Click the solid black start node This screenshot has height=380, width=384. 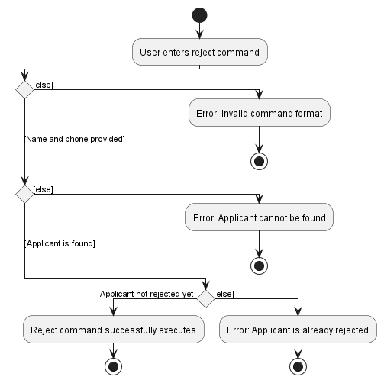[199, 15]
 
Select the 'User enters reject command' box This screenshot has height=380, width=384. [199, 53]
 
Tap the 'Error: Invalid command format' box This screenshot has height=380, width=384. [260, 114]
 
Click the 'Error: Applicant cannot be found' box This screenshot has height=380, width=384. [260, 217]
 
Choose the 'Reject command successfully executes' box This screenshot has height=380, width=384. [114, 330]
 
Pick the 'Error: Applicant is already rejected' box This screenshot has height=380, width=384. [298, 330]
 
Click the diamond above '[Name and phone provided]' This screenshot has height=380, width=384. [24, 90]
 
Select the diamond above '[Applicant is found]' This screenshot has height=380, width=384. [24, 195]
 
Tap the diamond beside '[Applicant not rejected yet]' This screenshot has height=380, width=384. [206, 298]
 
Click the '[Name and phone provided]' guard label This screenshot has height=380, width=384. [75, 139]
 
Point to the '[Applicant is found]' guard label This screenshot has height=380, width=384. [60, 243]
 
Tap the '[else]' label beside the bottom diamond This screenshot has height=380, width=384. [224, 294]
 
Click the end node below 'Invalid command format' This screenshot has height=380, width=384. [260, 162]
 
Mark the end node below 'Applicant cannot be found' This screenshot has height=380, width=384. [260, 266]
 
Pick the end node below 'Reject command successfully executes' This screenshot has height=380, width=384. [114, 367]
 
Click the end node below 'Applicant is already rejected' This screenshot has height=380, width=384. [298, 367]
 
